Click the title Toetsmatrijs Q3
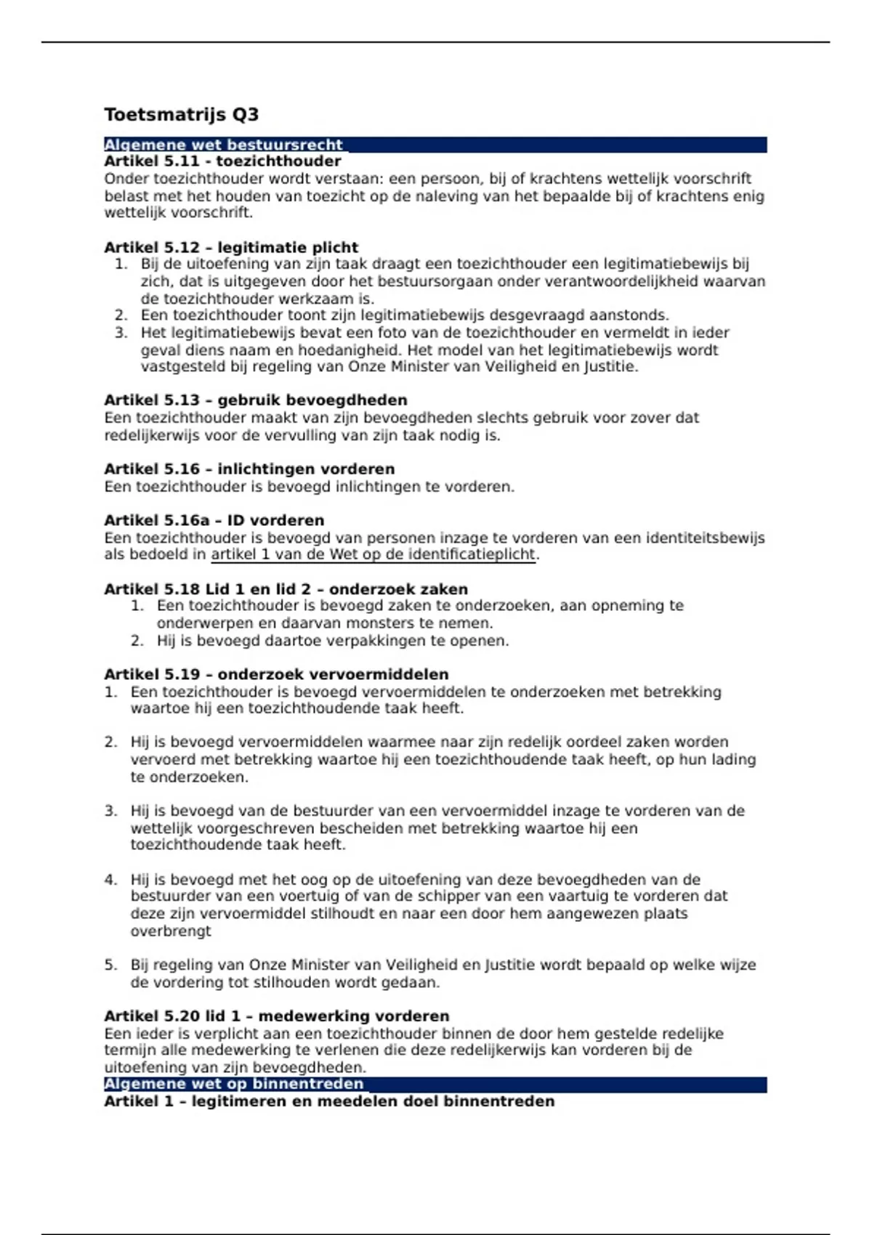click(x=181, y=115)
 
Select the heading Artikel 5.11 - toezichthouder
click(x=222, y=161)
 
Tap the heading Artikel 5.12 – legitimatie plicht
click(x=231, y=247)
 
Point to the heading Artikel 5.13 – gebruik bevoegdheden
click(x=255, y=400)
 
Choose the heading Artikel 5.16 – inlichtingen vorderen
click(x=249, y=469)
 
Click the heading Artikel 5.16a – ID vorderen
click(x=214, y=520)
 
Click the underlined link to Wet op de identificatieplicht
click(x=373, y=555)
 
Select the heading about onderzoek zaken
click(x=286, y=589)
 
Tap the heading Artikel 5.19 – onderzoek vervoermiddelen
click(x=276, y=674)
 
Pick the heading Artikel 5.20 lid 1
click(x=276, y=1016)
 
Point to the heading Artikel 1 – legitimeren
click(x=328, y=1101)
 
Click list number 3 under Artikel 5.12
click(x=121, y=333)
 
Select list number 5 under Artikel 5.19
click(x=110, y=965)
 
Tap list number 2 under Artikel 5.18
click(x=137, y=641)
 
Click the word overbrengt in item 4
click(x=171, y=931)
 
